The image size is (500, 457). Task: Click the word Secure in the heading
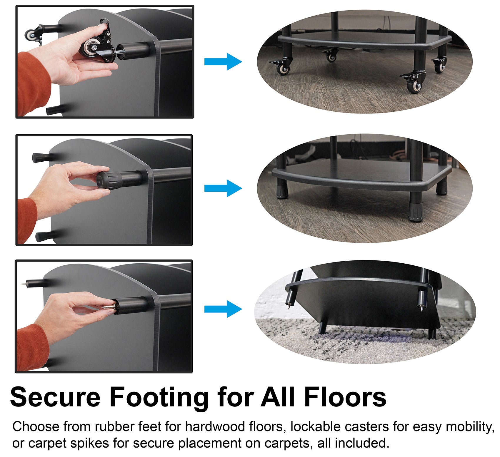(x=55, y=397)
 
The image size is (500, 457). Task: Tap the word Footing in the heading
(x=159, y=397)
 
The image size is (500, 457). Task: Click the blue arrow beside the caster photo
(x=223, y=62)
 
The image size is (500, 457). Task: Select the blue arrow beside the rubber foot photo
(x=223, y=188)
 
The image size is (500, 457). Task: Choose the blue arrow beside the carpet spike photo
(x=223, y=309)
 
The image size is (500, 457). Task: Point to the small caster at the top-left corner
(x=31, y=35)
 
